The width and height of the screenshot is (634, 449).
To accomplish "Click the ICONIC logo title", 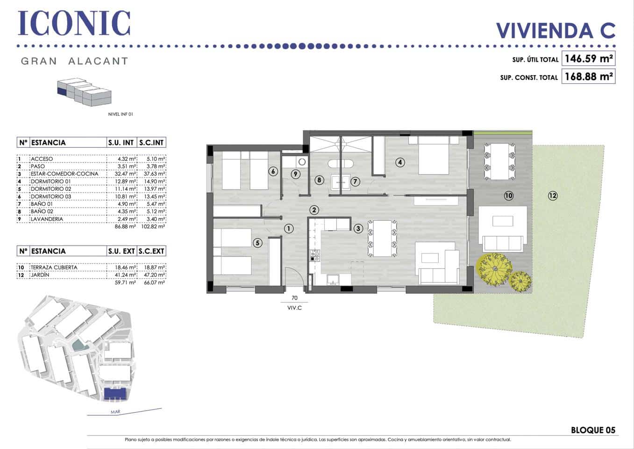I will coord(74,23).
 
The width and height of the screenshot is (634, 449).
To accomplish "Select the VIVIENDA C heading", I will coord(555,30).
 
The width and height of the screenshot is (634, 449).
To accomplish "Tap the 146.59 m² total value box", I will coord(588,59).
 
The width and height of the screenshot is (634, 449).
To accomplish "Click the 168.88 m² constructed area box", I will coord(588,76).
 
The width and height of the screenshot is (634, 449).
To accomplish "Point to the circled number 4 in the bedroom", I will coord(399,162).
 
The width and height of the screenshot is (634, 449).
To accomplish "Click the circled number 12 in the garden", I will coord(553,196).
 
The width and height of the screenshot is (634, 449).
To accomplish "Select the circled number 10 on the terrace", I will coord(508,196).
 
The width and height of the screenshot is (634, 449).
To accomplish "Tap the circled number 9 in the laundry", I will coord(295,174).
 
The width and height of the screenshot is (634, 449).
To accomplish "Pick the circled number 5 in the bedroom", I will coord(257,243).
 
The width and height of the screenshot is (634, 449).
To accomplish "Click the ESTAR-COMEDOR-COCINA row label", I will coord(64,174).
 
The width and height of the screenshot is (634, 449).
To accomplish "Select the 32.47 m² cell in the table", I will coord(127,174).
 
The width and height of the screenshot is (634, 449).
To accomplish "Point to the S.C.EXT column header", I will coord(152,251).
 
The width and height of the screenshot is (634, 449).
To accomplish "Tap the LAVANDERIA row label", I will coord(47,219).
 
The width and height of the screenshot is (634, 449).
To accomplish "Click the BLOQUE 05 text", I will coord(593,430).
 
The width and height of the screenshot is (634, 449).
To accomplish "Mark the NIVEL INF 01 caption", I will coord(121,114).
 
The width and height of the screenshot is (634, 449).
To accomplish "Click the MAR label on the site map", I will coord(115,412).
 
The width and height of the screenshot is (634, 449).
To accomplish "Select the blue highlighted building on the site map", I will coord(115,394).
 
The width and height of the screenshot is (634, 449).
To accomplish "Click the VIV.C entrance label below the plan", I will coord(294,308).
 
